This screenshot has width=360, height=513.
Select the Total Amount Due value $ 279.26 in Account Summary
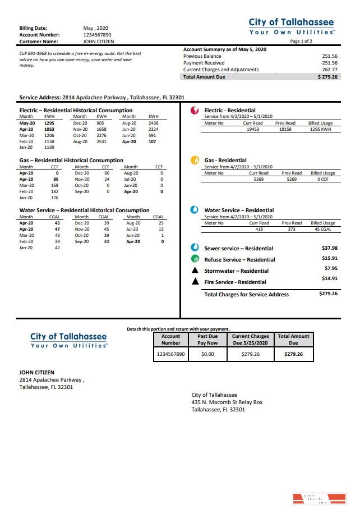click(327, 77)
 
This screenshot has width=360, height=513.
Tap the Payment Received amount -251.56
click(329, 63)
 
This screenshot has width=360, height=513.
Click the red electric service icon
click(195, 111)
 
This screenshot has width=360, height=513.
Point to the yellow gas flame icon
click(195, 161)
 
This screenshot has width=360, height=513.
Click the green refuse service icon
click(195, 259)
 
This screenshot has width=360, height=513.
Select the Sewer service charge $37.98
click(329, 248)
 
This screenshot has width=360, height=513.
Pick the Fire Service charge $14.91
click(329, 278)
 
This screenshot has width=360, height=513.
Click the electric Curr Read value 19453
click(253, 129)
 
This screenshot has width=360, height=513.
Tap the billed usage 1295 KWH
click(321, 129)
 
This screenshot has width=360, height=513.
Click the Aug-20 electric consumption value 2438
click(153, 123)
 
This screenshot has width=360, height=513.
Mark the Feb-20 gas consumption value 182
click(54, 191)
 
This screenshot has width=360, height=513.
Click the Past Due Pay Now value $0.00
click(207, 355)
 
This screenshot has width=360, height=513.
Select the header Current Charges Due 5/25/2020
click(251, 340)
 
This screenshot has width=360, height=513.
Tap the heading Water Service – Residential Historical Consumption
click(84, 210)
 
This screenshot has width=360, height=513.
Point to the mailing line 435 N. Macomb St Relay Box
click(227, 402)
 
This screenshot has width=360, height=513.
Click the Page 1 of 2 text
click(301, 42)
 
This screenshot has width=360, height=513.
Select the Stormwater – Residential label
click(236, 271)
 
